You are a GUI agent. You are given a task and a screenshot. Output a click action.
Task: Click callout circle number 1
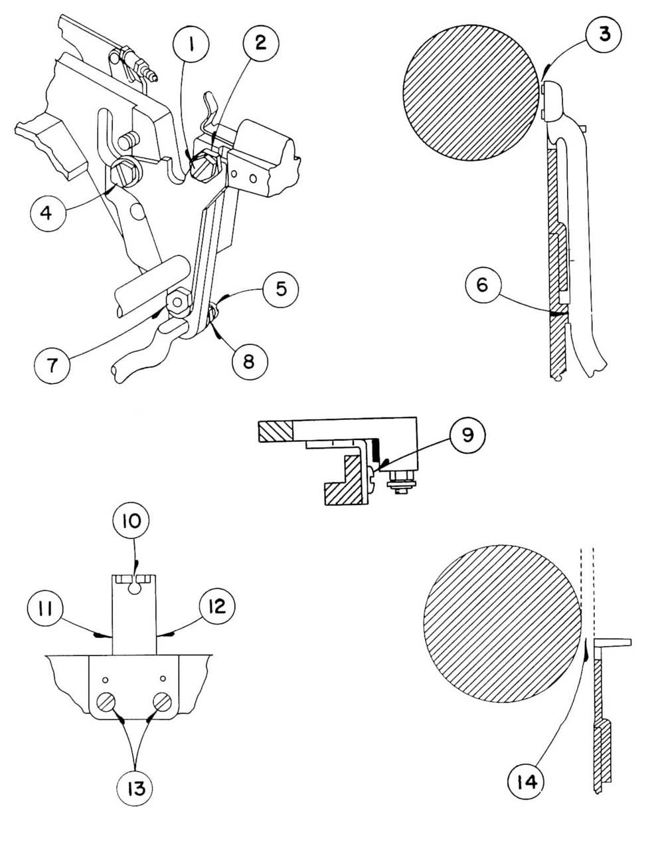point(191,45)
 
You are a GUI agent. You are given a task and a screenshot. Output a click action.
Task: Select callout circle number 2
point(260,43)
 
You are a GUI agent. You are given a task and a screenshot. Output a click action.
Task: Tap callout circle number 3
point(604,35)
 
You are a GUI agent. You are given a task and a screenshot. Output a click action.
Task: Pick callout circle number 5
point(281,290)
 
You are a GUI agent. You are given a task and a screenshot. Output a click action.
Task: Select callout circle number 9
point(467,435)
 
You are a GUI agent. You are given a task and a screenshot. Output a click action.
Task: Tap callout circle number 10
point(131,520)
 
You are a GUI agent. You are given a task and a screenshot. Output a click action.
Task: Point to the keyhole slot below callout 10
point(135,585)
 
